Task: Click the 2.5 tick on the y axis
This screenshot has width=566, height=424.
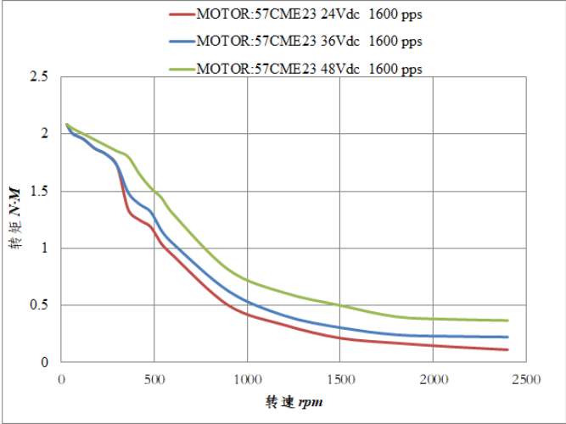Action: tap(40, 77)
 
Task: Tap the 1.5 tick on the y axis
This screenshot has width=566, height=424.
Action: tap(40, 192)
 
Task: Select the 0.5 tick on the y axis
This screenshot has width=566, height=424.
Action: tap(40, 305)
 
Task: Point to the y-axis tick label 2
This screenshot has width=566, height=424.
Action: tap(44, 134)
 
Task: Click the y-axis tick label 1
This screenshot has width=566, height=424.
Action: tap(44, 248)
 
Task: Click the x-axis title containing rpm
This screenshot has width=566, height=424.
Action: tap(294, 400)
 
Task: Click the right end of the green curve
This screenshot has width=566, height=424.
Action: tap(507, 321)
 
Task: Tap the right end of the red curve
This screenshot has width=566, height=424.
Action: tap(507, 349)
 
